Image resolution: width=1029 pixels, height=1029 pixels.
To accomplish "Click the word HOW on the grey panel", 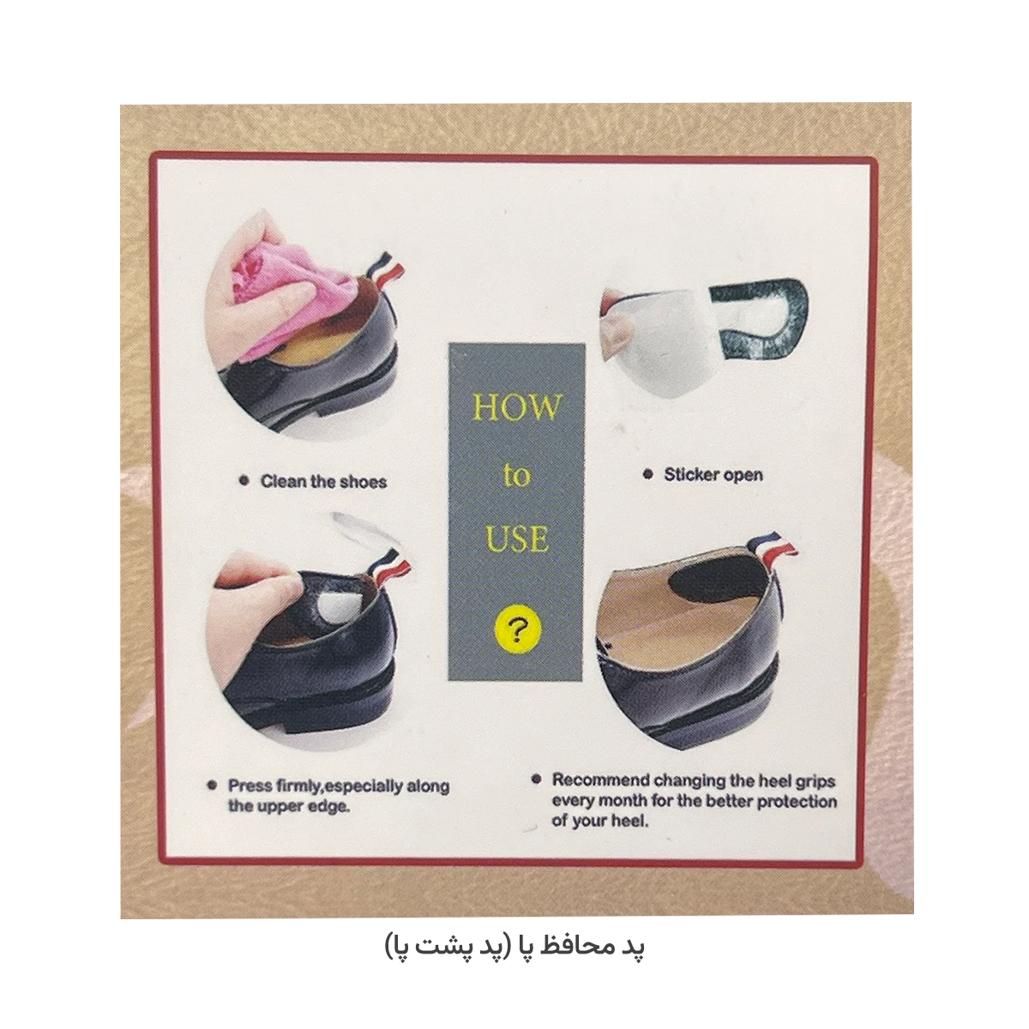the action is pyautogui.click(x=517, y=407).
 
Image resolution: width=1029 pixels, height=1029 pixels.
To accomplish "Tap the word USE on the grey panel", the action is pyautogui.click(x=517, y=539).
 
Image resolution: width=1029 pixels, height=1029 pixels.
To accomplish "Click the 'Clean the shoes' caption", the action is pyautogui.click(x=323, y=482).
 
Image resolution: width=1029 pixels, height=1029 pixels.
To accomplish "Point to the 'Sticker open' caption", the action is pyautogui.click(x=713, y=475).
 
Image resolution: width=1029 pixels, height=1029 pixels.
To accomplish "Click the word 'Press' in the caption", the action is pyautogui.click(x=250, y=786).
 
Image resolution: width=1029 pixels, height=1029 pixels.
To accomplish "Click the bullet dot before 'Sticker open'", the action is pyautogui.click(x=648, y=474).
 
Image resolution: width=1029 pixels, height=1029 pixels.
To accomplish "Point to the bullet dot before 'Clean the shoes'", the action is pyautogui.click(x=244, y=481).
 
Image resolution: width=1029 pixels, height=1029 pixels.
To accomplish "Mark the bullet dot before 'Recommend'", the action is pyautogui.click(x=537, y=779).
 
